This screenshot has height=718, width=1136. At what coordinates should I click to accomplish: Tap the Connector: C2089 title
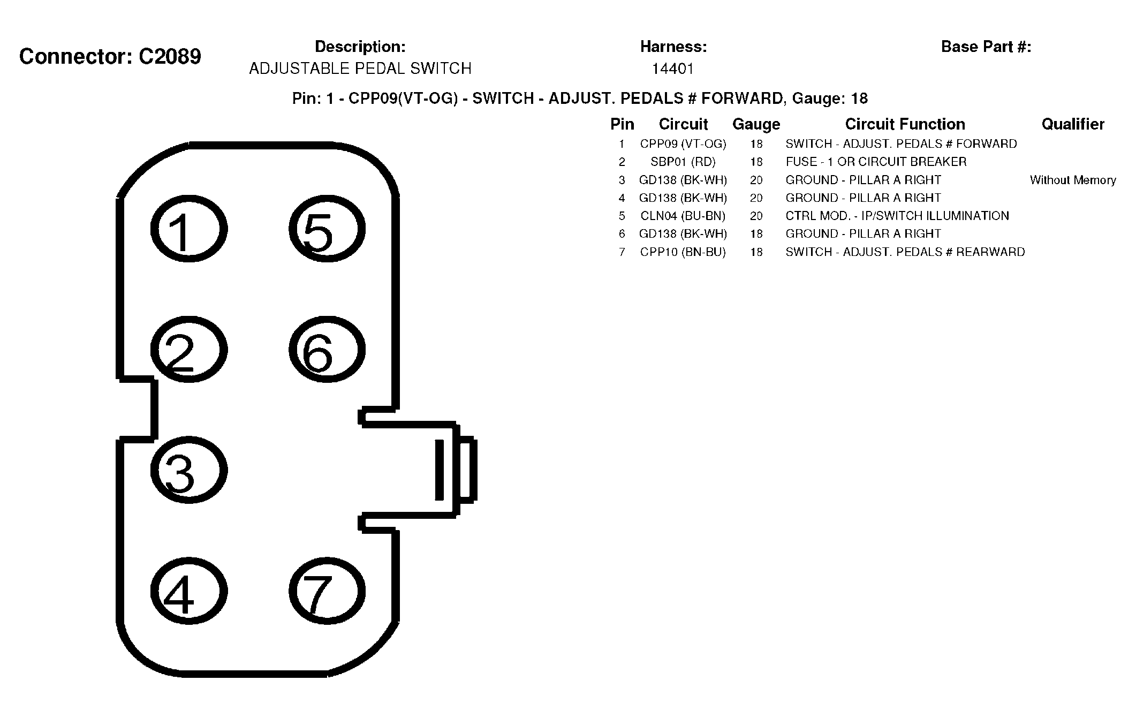pos(110,56)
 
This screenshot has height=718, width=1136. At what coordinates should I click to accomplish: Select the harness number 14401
pos(673,69)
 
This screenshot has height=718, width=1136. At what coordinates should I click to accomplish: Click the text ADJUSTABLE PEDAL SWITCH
pos(360,69)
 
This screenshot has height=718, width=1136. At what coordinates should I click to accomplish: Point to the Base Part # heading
pos(986,47)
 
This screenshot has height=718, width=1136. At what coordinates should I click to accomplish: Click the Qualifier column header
pos(1073,124)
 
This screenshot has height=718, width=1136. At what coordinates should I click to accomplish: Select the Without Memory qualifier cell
pos(1073,180)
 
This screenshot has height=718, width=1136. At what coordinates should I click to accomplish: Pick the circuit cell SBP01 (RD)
pos(683,162)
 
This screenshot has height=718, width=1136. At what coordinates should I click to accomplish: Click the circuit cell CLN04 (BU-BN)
pos(683,216)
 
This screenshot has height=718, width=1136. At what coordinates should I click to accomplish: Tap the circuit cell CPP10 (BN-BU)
pos(683,252)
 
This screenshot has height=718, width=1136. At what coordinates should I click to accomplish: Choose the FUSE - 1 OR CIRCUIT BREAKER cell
pos(876,162)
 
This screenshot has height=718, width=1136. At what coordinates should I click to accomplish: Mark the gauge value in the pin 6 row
pos(756,234)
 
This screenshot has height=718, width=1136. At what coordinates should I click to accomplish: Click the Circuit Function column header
pos(905,124)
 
